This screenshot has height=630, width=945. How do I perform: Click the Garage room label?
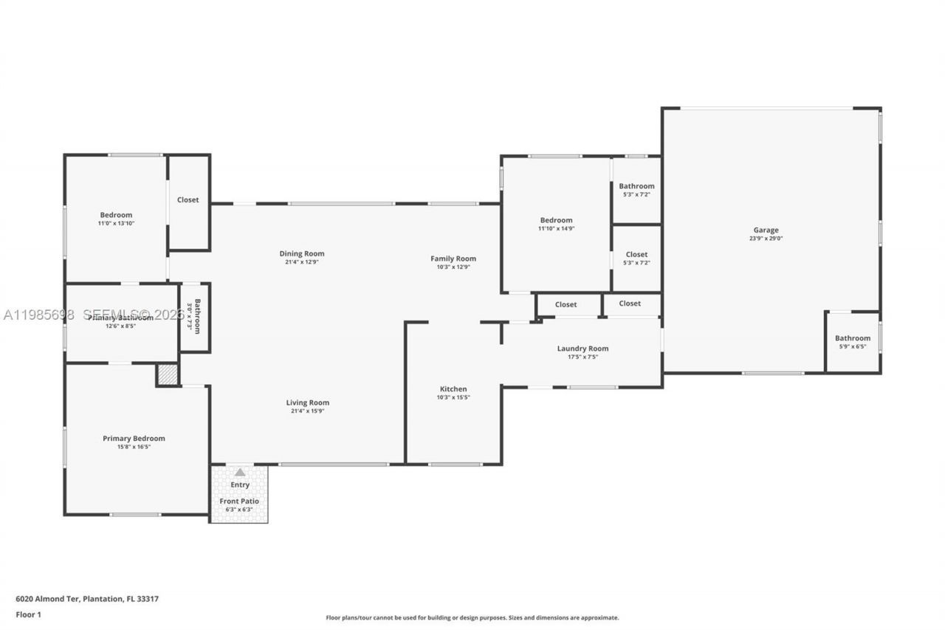pos(766,230)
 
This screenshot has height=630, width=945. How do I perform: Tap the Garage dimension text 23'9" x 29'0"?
pos(766,239)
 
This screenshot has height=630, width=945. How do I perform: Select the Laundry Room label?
pos(583,349)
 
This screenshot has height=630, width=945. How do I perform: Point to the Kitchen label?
pos(453,389)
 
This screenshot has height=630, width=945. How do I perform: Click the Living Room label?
pos(308,403)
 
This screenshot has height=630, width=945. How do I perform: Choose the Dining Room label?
pos(301,253)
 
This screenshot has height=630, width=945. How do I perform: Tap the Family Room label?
pos(453,258)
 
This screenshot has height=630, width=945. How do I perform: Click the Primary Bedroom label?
pos(134,439)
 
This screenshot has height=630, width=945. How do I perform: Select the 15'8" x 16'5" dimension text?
pos(134,447)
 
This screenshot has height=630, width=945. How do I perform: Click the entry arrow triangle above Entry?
pos(239,472)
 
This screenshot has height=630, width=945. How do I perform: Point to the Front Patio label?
pos(239,501)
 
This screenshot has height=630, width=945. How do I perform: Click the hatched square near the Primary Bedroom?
pos(168,375)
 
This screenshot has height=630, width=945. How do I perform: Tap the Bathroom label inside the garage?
pos(853,338)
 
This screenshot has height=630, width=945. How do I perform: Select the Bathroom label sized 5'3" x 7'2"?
pos(636,186)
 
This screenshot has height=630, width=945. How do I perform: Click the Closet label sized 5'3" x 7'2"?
pos(636,255)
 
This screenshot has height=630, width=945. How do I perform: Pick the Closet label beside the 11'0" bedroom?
pos(188,199)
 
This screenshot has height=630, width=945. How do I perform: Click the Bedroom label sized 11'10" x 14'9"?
pos(556,220)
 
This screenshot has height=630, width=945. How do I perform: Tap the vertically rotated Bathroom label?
pos(196,316)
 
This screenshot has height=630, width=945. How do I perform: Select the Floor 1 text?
pos(27,614)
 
